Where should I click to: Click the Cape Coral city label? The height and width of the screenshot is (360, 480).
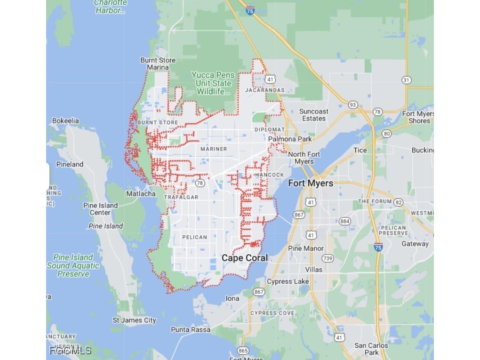(x=245, y=258)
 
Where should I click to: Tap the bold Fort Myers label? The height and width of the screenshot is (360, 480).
(x=310, y=183)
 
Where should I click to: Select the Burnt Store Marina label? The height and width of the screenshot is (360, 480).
(x=158, y=64)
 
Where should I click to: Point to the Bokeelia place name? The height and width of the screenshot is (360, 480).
(x=65, y=121)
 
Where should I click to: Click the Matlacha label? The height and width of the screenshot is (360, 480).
(x=141, y=193)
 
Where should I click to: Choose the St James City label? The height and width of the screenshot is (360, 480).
(x=134, y=320)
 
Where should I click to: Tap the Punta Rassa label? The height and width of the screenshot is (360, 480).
(x=191, y=329)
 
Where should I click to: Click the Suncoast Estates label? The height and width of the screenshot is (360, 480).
(x=314, y=115)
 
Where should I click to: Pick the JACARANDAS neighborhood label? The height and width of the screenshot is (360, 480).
(x=265, y=90)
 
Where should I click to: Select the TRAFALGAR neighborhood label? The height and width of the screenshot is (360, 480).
(x=181, y=197)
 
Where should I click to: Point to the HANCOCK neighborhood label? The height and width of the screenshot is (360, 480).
(x=270, y=175)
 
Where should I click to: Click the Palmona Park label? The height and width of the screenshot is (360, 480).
(x=290, y=139)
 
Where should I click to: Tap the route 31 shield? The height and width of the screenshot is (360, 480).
(x=407, y=80)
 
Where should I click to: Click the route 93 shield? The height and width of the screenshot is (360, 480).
(x=353, y=104)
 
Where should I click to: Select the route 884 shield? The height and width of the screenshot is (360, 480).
(x=345, y=221)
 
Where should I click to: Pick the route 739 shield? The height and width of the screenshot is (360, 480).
(x=328, y=258)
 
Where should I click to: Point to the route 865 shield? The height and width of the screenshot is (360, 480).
(x=243, y=351)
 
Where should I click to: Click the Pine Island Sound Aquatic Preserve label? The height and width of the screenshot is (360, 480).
(x=73, y=265)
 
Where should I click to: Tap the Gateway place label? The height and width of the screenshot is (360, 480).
(x=415, y=244)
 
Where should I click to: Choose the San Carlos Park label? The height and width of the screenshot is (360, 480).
(x=371, y=349)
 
